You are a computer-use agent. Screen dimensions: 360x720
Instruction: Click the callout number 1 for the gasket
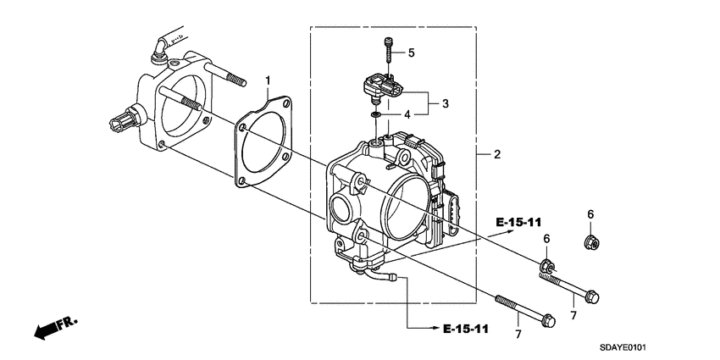point(269,82)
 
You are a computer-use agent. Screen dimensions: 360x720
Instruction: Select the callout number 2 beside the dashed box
point(497,155)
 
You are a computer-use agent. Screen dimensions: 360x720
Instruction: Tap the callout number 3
point(446,104)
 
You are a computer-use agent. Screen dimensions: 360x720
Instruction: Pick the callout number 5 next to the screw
point(411,53)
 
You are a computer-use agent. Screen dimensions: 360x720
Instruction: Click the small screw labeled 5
point(387,49)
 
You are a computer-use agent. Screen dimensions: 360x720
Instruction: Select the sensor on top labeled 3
point(377,88)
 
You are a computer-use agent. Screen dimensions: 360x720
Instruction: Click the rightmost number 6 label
point(590,214)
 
